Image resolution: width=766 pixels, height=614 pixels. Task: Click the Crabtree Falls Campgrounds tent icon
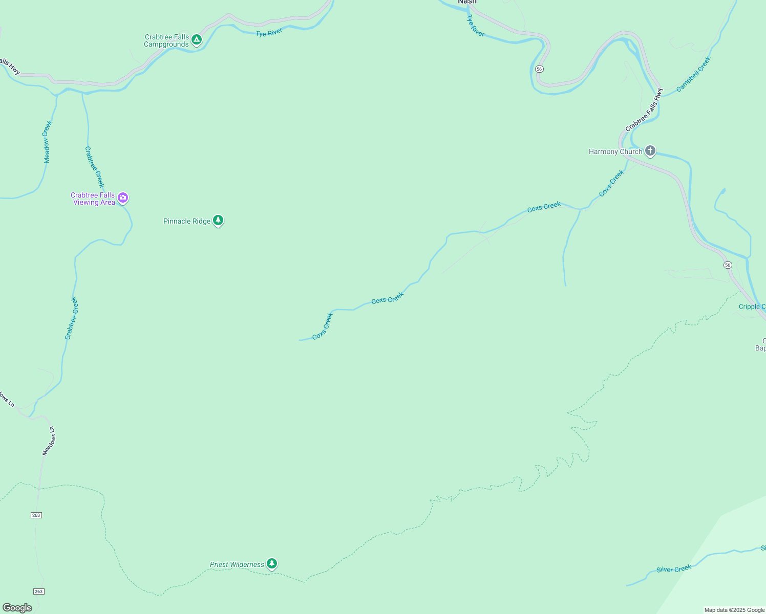coord(196,40)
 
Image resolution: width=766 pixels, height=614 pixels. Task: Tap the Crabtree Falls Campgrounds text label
coord(166,41)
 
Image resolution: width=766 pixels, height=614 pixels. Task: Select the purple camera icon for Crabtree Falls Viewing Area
coord(123,198)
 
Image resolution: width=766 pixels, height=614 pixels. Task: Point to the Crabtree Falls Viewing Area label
coord(93,199)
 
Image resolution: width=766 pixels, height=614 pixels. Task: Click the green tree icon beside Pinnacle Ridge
coord(219,221)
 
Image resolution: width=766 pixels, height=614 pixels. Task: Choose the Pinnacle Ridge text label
coord(186,221)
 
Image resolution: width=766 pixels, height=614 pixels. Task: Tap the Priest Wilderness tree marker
coord(272,564)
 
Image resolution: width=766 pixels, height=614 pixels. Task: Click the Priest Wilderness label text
coord(237,564)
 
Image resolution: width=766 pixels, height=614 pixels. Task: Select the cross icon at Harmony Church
coord(650,151)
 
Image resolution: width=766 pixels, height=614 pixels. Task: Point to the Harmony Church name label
coord(615,151)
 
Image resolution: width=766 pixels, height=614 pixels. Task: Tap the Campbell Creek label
coord(693,74)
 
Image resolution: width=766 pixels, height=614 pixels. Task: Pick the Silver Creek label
coord(674,569)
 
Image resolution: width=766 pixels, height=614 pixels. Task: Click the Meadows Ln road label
coord(49,441)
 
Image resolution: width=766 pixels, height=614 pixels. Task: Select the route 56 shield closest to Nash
coord(539,69)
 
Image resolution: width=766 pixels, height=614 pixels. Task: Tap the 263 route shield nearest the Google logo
coord(39,591)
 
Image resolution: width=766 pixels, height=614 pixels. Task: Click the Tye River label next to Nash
coord(475,26)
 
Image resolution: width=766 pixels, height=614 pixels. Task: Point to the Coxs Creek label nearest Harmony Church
coord(611,183)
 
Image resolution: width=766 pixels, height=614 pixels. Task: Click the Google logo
coord(17,608)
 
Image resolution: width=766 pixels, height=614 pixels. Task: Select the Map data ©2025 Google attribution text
coord(734,610)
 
